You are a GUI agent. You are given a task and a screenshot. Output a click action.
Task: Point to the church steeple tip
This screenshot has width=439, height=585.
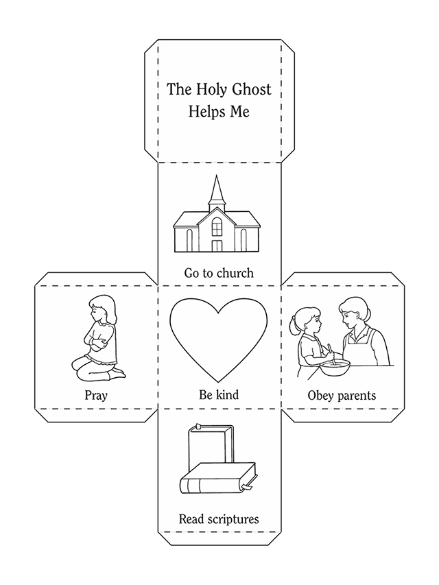216,176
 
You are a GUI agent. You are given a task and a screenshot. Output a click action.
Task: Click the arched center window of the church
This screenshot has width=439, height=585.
217,226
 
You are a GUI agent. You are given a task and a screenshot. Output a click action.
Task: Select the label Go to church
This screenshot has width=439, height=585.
219,273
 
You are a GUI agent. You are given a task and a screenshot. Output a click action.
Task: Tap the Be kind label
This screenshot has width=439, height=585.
219,395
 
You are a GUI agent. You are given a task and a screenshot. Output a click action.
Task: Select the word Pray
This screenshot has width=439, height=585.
96,395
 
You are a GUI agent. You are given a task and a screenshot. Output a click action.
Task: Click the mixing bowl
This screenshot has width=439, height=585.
335,368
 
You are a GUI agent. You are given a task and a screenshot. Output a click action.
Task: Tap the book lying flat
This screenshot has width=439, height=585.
219,479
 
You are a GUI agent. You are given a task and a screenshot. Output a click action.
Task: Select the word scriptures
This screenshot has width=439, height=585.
233,519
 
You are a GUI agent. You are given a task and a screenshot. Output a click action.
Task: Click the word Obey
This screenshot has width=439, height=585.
320,396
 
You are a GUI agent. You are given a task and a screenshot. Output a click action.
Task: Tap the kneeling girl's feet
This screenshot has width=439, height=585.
117,374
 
